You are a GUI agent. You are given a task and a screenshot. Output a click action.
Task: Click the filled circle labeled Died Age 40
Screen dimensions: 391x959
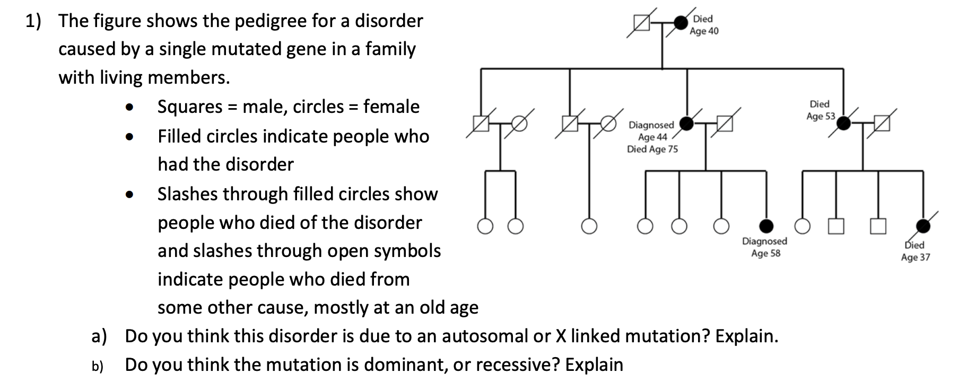680,23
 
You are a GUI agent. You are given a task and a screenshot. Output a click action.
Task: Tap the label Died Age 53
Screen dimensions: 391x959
820,110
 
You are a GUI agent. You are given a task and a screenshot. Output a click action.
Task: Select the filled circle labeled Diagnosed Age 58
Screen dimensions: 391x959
766,226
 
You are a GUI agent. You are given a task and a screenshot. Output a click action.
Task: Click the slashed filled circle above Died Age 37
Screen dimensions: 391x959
923,226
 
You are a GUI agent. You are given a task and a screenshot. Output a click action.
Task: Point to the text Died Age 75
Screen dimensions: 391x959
652,149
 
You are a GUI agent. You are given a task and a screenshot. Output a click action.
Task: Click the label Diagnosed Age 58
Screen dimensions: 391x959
765,247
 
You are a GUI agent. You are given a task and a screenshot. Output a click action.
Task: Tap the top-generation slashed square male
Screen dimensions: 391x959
642,23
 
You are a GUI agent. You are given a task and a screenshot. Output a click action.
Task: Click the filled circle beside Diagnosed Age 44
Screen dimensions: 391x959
687,124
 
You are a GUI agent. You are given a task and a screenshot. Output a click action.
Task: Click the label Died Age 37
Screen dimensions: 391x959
916,251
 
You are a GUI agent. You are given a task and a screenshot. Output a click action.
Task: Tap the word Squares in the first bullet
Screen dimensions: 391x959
190,107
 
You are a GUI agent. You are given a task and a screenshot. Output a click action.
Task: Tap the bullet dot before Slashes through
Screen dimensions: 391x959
128,194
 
